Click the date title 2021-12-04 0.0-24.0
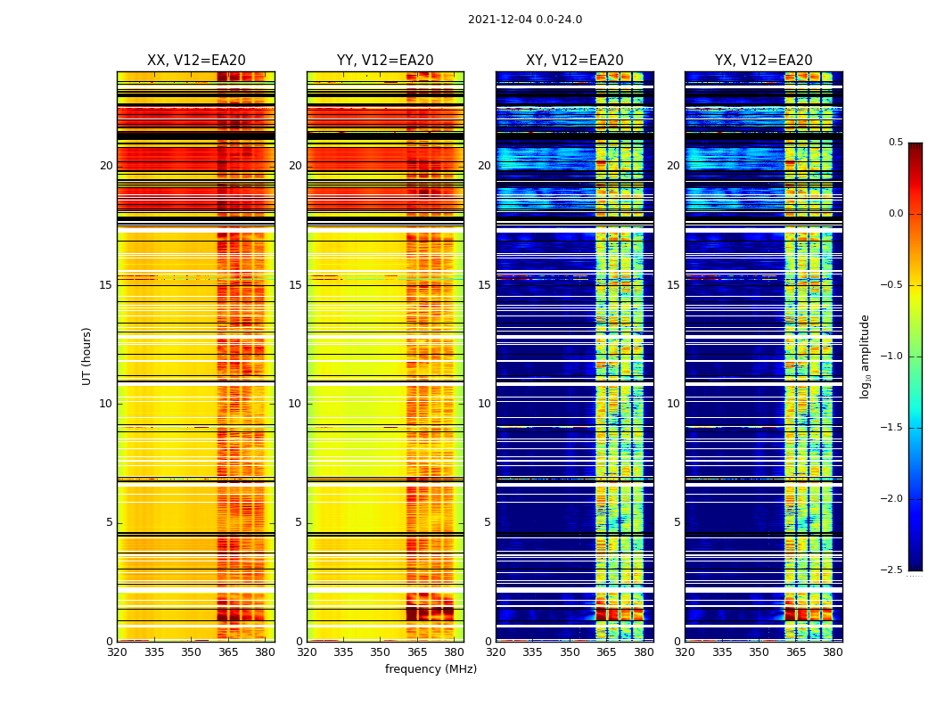tap(525, 20)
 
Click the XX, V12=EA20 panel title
tap(196, 61)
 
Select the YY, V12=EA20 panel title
tap(385, 61)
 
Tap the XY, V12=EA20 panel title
tap(575, 61)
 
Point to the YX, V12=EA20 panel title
tap(764, 61)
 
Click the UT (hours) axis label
tap(87, 356)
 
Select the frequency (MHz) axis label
tap(431, 669)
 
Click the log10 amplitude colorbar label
tap(864, 356)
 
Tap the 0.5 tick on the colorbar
tap(895, 143)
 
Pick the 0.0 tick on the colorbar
tap(895, 214)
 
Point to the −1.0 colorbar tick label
tap(891, 356)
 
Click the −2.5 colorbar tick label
tap(891, 570)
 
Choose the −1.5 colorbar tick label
tap(891, 428)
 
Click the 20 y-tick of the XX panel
tap(106, 166)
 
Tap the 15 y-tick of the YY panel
tap(295, 285)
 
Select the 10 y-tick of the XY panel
tap(484, 404)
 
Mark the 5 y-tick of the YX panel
tap(677, 522)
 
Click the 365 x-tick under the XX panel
tap(228, 652)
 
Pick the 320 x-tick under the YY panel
tap(307, 652)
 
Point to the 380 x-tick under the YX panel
tap(833, 652)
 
